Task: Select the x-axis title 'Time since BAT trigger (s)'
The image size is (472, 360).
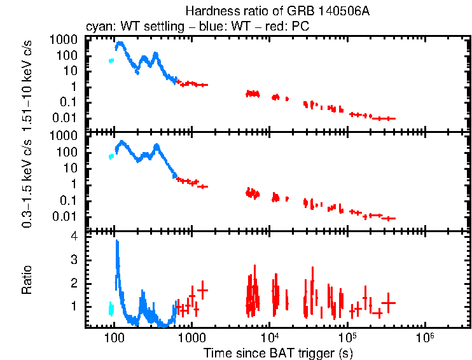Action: click(x=278, y=352)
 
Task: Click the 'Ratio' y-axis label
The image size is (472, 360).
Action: click(x=27, y=279)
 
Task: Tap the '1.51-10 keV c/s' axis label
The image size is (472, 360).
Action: click(x=27, y=80)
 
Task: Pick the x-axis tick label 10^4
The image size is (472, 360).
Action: click(x=270, y=336)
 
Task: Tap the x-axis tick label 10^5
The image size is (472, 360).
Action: click(x=347, y=336)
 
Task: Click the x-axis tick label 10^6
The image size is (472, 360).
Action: click(x=425, y=336)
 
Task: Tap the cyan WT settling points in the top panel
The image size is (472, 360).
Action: click(x=111, y=60)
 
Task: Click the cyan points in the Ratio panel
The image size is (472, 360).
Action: click(x=111, y=309)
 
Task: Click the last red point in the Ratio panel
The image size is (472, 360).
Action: click(x=388, y=303)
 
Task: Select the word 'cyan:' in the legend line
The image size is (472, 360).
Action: click(x=97, y=27)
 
